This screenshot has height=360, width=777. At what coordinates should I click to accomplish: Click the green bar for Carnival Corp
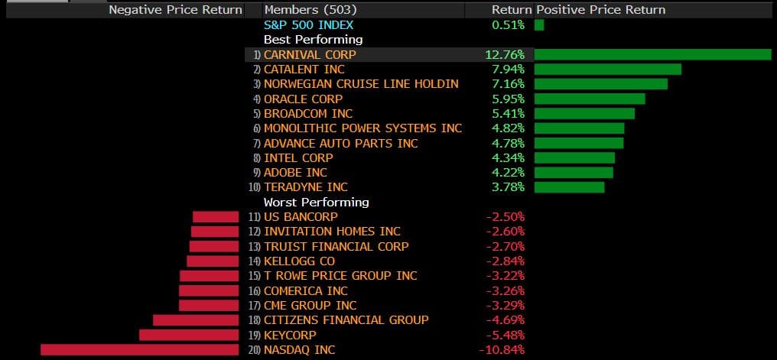click(x=652, y=54)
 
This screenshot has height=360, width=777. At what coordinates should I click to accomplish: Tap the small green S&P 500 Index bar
click(x=539, y=25)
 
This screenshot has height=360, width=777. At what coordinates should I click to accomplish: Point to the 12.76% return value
click(x=505, y=55)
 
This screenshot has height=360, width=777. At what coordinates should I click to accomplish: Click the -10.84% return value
click(x=502, y=350)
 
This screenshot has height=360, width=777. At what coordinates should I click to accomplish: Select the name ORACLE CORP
click(x=303, y=99)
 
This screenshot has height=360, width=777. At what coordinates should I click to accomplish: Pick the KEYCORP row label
click(x=290, y=335)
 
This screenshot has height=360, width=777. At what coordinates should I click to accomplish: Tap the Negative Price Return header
click(x=175, y=10)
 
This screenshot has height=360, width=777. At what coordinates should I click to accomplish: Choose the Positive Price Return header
click(x=601, y=10)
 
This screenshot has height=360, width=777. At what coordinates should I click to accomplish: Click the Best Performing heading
click(x=313, y=39)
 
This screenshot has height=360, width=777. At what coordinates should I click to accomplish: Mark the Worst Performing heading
click(x=316, y=203)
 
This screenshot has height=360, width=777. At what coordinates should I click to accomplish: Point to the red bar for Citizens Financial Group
click(x=196, y=320)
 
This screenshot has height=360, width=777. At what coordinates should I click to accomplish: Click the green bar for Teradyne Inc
click(x=569, y=187)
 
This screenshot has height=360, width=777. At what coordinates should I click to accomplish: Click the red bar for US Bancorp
click(x=216, y=217)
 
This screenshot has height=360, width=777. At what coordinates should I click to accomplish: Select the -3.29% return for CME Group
click(x=506, y=306)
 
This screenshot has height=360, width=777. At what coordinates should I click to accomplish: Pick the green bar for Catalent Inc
click(x=607, y=70)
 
